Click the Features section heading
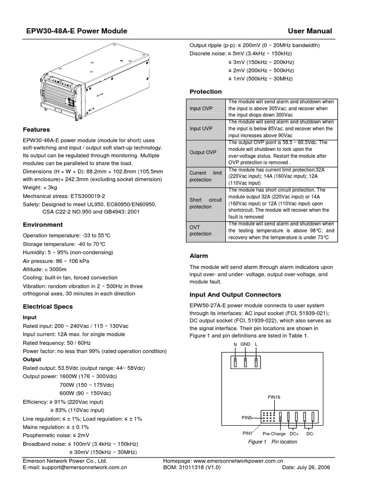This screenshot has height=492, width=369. tap(37, 130)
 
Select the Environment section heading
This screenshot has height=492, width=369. tap(43, 224)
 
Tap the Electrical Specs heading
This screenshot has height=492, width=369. tap(47, 307)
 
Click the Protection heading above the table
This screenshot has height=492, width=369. tap(206, 91)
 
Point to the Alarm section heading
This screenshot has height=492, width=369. tap(198, 256)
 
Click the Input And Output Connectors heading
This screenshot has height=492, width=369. tap(235, 295)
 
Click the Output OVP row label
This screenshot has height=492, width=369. tap(203, 152)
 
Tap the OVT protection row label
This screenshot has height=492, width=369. tap(200, 230)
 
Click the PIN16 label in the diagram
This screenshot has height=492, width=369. tap(274, 397)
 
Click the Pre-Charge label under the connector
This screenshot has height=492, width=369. tap(274, 434)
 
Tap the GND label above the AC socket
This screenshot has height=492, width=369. tap(246, 345)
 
